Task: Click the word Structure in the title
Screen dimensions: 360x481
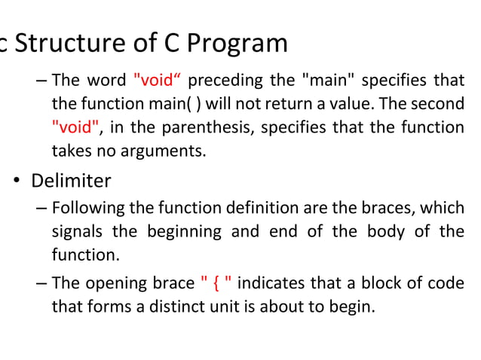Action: coord(63,44)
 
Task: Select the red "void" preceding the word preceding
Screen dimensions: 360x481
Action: coord(160,80)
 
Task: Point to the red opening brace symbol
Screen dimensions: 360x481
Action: coord(216,283)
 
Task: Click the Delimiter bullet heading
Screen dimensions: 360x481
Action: coord(71,181)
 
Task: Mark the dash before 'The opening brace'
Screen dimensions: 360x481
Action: coord(40,283)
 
